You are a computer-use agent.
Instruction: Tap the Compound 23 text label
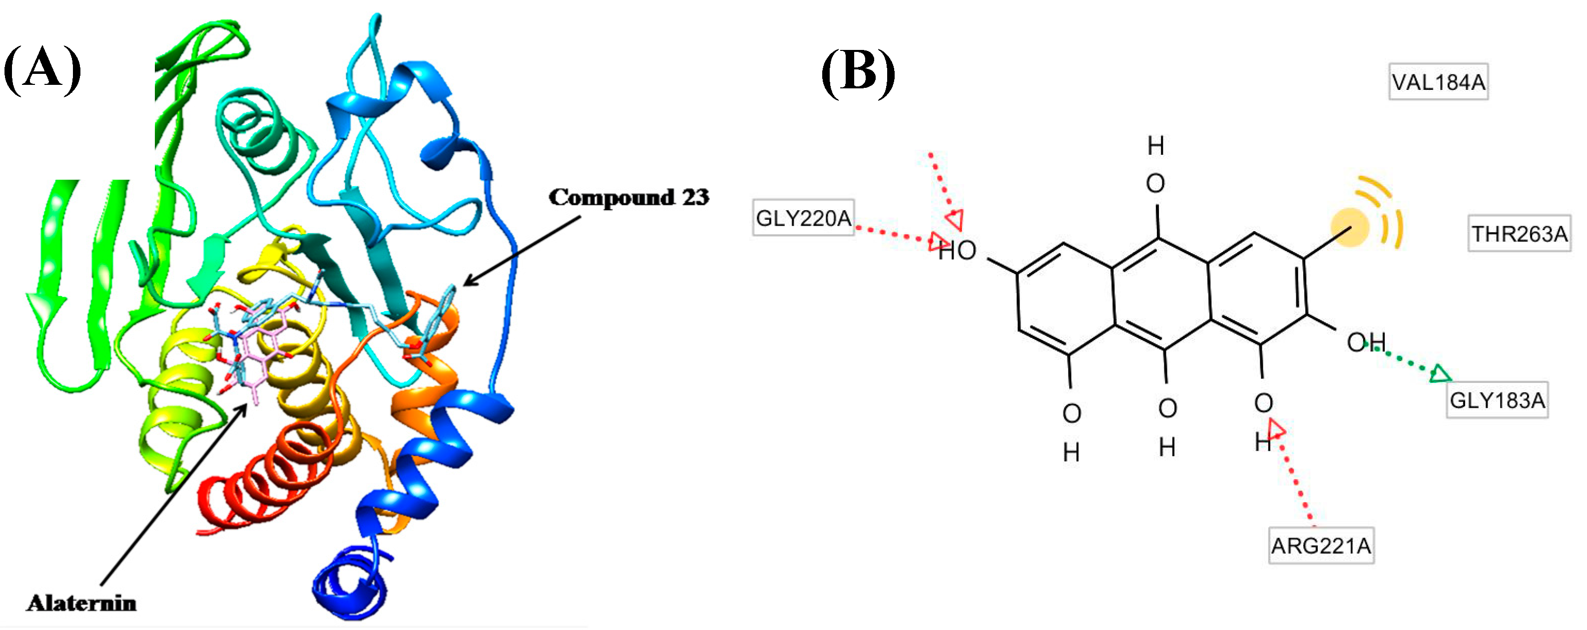pos(628,197)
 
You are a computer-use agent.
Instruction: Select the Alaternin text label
pos(81,603)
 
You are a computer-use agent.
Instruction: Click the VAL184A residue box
pos(1438,82)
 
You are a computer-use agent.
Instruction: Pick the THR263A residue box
pos(1519,234)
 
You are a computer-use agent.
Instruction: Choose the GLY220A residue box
pos(803,218)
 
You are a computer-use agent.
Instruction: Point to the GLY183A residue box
pos(1497,400)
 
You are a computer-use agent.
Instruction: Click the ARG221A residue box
pos(1321,546)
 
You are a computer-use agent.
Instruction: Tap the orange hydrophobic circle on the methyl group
pos(1349,228)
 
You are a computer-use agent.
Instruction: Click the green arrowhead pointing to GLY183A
pos(1440,374)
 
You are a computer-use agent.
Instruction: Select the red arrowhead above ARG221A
pos(1275,429)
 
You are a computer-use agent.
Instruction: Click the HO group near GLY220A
pos(959,251)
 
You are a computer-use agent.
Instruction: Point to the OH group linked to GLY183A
pos(1366,342)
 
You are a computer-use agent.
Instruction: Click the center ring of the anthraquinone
pos(1161,295)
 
